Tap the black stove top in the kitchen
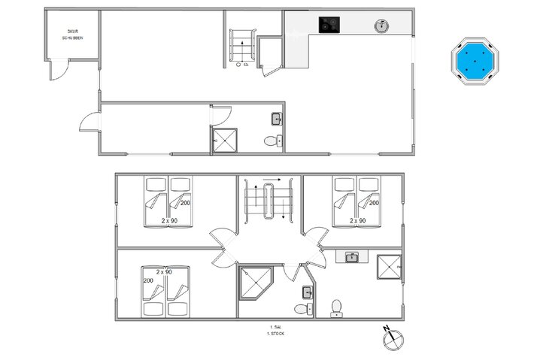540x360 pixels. point(328,25)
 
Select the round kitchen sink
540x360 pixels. point(381,26)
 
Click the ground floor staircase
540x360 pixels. point(242,49)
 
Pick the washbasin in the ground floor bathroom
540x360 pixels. point(276,118)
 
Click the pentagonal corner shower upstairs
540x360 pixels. point(255,284)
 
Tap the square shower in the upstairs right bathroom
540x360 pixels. point(390,266)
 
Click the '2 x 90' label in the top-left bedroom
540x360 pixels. point(170,221)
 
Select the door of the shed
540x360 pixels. point(56,69)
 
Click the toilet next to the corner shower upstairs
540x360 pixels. point(302,308)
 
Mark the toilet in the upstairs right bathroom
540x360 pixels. point(336,307)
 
